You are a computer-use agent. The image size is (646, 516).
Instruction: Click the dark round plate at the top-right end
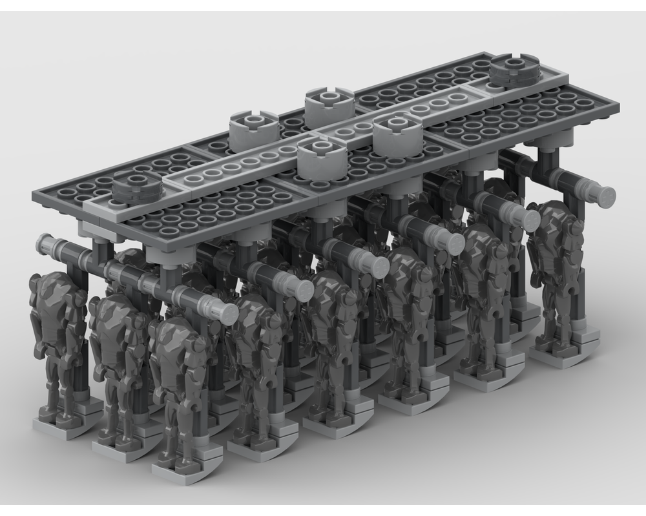point(514,70)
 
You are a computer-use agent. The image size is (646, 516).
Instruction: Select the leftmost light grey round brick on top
point(249,128)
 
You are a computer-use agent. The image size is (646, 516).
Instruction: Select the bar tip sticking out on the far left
point(47,243)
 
